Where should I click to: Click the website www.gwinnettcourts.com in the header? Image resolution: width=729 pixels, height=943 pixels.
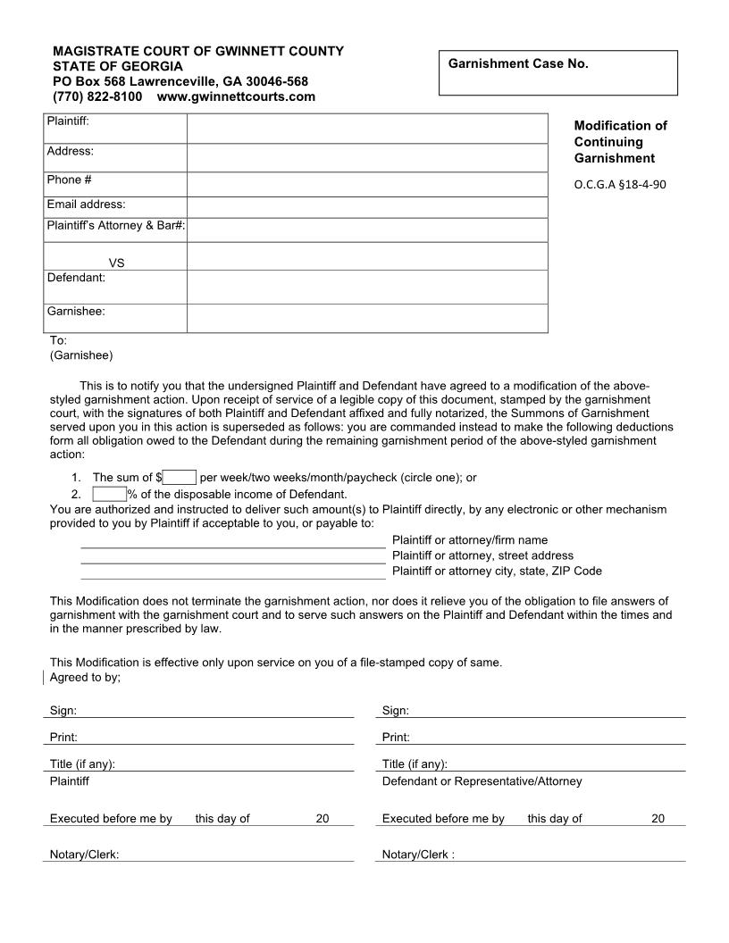(x=236, y=96)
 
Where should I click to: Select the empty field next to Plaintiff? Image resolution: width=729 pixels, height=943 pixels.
(x=366, y=129)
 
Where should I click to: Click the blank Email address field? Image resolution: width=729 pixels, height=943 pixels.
(x=366, y=207)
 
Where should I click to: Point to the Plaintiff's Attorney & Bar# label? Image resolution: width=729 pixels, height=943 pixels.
(x=115, y=226)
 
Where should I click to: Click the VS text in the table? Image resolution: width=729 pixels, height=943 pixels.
(x=116, y=263)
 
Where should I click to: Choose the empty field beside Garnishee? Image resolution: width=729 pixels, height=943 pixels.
(x=366, y=318)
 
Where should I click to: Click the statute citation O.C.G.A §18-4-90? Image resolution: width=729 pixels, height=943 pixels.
(x=620, y=185)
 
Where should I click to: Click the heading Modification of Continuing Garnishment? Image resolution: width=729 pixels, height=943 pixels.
(x=620, y=142)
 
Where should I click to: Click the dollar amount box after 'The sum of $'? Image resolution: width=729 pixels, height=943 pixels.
(x=180, y=478)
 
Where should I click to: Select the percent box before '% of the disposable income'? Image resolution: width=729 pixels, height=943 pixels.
(x=109, y=494)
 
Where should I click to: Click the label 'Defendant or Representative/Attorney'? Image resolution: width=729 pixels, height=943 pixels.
(x=482, y=781)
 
